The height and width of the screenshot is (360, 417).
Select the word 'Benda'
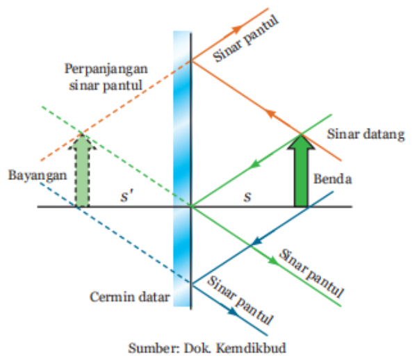332,179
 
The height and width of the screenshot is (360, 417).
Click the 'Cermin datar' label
130,297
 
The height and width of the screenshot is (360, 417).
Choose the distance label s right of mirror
246,196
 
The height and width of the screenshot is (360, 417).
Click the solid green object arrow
301,170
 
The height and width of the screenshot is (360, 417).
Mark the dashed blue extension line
125,243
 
